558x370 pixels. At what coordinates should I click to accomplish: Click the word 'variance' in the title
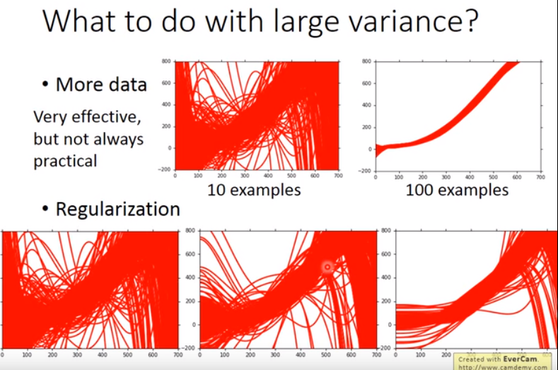coord(387,23)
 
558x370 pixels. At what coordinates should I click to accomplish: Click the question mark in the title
coord(470,23)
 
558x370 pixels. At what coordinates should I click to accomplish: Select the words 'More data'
coord(101,85)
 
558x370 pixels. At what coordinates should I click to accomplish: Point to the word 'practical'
coord(65,160)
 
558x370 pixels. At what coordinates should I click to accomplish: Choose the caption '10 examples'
coord(254,190)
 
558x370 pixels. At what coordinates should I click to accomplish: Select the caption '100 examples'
coord(457,190)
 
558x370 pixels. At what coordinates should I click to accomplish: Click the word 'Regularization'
coord(117,209)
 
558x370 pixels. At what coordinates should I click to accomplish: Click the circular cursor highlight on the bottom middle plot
coord(327,267)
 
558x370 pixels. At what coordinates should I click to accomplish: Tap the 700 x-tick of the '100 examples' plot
coord(540,177)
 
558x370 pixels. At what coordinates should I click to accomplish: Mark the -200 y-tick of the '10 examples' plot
coord(166,170)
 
